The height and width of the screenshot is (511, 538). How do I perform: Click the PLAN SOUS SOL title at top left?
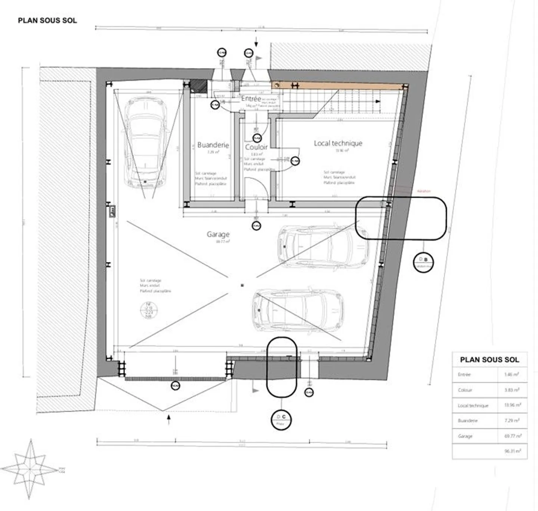click(x=47, y=21)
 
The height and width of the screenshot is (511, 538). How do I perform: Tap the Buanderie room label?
click(x=213, y=145)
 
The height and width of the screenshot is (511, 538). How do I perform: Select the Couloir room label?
click(x=256, y=147)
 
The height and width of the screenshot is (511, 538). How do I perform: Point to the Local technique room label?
click(x=338, y=143)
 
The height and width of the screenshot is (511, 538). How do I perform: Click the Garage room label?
click(x=218, y=234)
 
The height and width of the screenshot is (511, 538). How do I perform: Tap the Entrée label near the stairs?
click(x=251, y=99)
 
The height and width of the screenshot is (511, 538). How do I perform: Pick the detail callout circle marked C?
click(x=281, y=419)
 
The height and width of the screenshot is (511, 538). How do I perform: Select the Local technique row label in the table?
click(x=473, y=405)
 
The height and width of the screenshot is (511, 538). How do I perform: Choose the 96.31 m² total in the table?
click(x=512, y=451)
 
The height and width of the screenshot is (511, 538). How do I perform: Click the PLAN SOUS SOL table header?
click(x=489, y=360)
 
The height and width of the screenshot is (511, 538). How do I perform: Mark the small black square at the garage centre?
click(x=242, y=286)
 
